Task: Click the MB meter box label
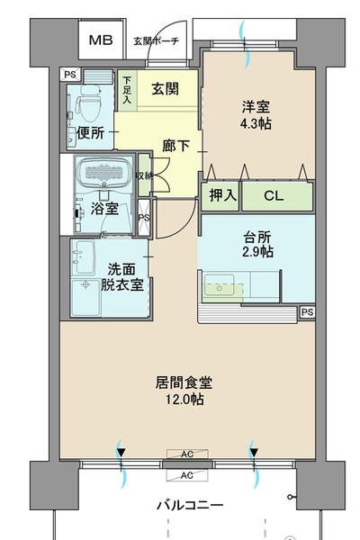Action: pyautogui.click(x=101, y=40)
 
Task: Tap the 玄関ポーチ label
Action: pyautogui.click(x=156, y=41)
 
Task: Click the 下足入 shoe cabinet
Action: pyautogui.click(x=127, y=90)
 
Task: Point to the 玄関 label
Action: pyautogui.click(x=166, y=89)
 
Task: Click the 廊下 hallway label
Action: pyautogui.click(x=176, y=146)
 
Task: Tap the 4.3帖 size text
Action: pyautogui.click(x=256, y=123)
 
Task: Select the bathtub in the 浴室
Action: pyautogui.click(x=103, y=172)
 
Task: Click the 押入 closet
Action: pyautogui.click(x=220, y=196)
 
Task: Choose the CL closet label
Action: pyautogui.click(x=274, y=195)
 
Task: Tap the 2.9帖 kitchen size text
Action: pyautogui.click(x=257, y=252)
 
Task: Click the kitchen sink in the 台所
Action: pyautogui.click(x=219, y=285)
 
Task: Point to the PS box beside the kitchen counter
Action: pyautogui.click(x=307, y=312)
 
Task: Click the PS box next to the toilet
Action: pyautogui.click(x=70, y=75)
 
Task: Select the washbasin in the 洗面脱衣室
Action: pyautogui.click(x=83, y=256)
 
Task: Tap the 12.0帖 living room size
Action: pyautogui.click(x=184, y=399)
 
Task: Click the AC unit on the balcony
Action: pyautogui.click(x=187, y=475)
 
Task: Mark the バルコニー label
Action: pyautogui.click(x=190, y=505)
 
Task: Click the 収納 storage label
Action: pyautogui.click(x=144, y=175)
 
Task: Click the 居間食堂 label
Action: pyautogui.click(x=184, y=382)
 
